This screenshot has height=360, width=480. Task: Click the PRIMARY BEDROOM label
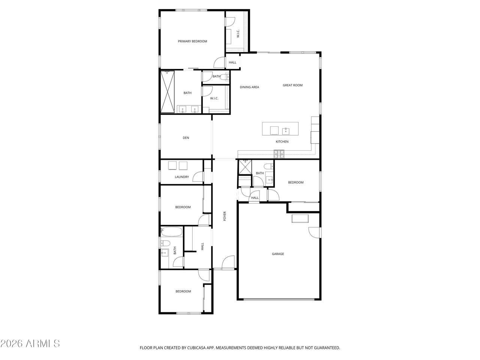[192, 41]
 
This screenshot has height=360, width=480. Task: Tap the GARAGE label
[278, 254]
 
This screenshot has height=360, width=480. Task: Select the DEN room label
[186, 138]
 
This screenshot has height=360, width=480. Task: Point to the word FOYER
[225, 216]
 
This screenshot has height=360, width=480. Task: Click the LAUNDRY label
[182, 177]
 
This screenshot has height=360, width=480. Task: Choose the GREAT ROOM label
[292, 85]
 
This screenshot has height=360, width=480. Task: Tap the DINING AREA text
[249, 87]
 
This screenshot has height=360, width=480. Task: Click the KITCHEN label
[282, 142]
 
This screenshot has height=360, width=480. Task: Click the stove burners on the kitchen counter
[279, 154]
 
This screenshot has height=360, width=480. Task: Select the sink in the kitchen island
[286, 131]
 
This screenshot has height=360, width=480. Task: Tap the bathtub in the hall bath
[172, 232]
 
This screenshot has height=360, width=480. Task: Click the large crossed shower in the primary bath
[168, 91]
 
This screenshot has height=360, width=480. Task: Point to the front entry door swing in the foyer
[228, 262]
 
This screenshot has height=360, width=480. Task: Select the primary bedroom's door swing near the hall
[219, 63]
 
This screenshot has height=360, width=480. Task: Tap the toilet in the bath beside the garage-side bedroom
[268, 166]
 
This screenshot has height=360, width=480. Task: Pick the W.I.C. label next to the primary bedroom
[238, 33]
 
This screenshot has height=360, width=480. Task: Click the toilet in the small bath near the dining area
[224, 77]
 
